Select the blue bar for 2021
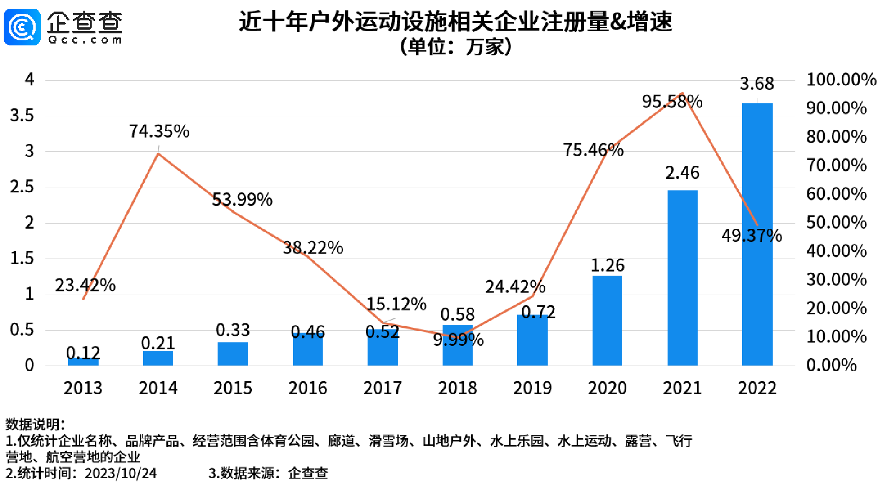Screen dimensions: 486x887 pyautogui.click(x=682, y=278)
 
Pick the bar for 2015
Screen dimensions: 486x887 pyautogui.click(x=232, y=354)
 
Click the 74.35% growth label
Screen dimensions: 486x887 pyautogui.click(x=159, y=132)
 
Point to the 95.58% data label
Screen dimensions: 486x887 pyautogui.click(x=672, y=101)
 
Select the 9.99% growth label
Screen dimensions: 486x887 pyautogui.click(x=458, y=340)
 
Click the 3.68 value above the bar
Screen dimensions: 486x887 pyautogui.click(x=756, y=84)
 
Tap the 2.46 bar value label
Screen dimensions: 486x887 pyautogui.click(x=682, y=173)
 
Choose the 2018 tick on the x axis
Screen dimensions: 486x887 pyautogui.click(x=457, y=388)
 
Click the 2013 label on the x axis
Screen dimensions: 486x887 pyautogui.click(x=83, y=388)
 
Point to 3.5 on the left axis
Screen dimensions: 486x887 pyautogui.click(x=22, y=115)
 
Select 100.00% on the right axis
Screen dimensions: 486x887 pyautogui.click(x=841, y=80)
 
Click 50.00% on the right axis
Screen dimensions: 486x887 pyautogui.click(x=836, y=222)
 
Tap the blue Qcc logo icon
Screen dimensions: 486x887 pyautogui.click(x=22, y=27)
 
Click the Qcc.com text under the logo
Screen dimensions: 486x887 pyautogui.click(x=85, y=40)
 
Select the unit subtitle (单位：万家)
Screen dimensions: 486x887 pyautogui.click(x=456, y=47)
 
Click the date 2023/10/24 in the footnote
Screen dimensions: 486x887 pyautogui.click(x=120, y=473)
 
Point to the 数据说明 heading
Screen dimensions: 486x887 pyautogui.click(x=35, y=424)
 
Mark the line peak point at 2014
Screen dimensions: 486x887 pyautogui.click(x=158, y=153)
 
